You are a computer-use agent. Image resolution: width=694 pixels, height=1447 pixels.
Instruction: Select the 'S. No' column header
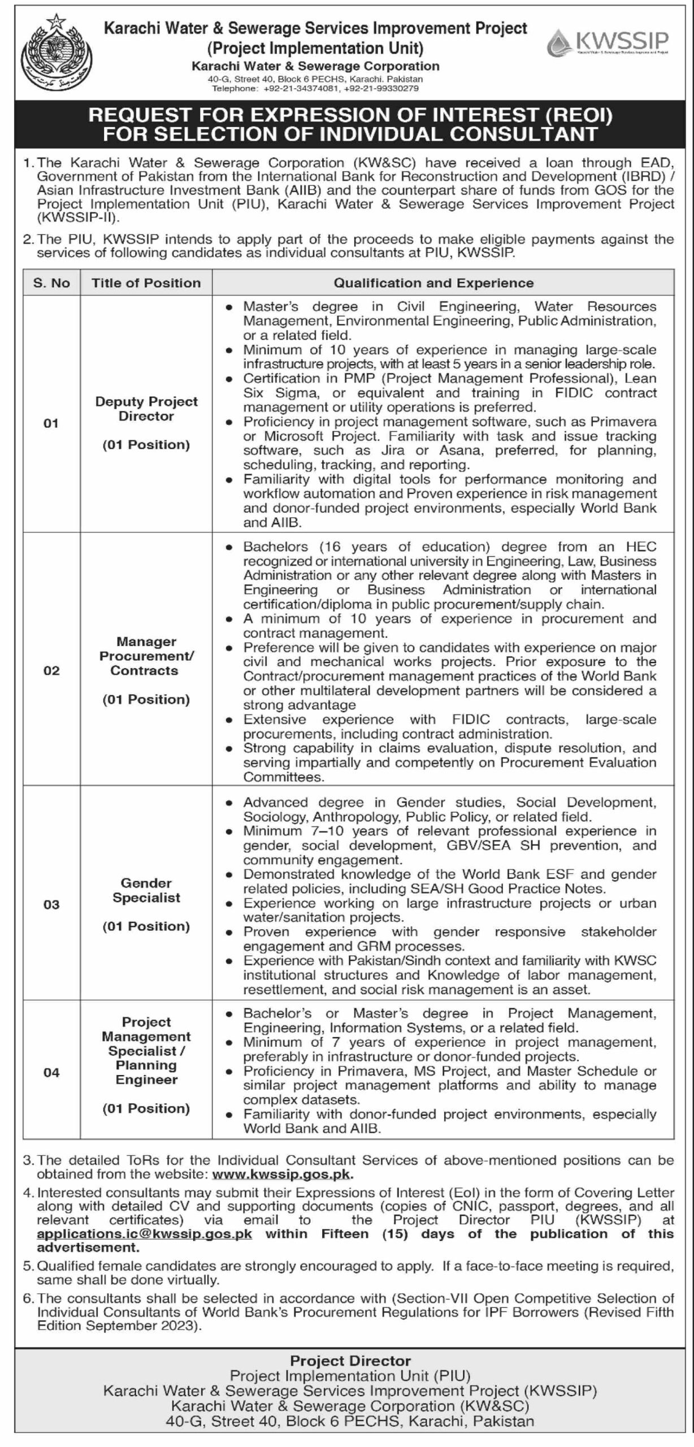tap(51, 283)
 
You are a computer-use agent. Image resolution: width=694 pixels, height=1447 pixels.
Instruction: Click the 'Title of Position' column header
tap(146, 283)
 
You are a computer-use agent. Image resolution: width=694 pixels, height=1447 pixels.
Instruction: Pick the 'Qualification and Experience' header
tap(433, 283)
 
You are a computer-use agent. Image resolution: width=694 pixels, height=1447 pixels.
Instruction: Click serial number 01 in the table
tap(51, 423)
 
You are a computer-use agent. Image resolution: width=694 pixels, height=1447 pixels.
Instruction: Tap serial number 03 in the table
tap(51, 905)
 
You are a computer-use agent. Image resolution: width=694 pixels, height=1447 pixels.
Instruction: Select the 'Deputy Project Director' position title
tap(146, 409)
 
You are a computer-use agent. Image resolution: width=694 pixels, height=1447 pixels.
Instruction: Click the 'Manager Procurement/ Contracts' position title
tap(146, 656)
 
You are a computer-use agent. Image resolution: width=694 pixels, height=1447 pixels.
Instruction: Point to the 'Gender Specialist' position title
tap(146, 890)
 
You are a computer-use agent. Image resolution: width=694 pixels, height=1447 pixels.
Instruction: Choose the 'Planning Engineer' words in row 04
tap(146, 1072)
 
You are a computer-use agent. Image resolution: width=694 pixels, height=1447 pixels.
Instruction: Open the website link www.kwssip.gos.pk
tap(282, 1174)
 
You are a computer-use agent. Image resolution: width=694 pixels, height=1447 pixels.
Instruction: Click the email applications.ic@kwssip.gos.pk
tap(145, 1233)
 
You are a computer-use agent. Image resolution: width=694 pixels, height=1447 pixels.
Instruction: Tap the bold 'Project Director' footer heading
tap(350, 1361)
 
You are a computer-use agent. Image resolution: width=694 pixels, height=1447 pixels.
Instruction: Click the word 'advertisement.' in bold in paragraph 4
tap(88, 1247)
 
